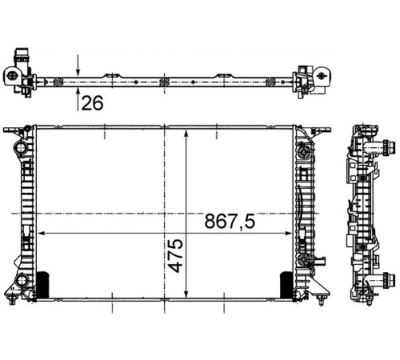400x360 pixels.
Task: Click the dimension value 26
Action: (x=92, y=103)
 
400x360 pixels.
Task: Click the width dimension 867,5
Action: (x=230, y=222)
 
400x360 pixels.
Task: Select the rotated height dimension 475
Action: (x=176, y=255)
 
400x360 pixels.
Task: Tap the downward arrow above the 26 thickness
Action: (x=78, y=65)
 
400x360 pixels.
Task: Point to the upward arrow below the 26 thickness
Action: (x=78, y=99)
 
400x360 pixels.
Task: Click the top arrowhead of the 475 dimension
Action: (x=186, y=134)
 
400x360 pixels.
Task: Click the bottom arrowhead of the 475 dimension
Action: (x=186, y=293)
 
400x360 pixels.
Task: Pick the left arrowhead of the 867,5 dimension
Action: (x=42, y=234)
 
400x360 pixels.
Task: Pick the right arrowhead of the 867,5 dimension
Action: (x=288, y=234)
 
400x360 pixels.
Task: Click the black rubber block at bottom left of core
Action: (x=42, y=285)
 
